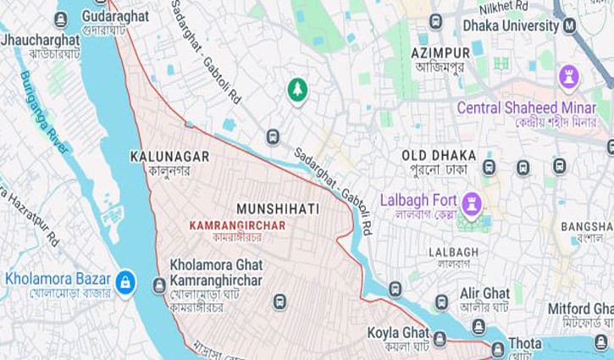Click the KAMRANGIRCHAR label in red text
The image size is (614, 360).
(237, 225)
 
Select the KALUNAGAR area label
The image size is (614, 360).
(169, 157)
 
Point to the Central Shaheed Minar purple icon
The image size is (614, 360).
(569, 80)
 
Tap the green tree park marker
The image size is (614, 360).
(296, 89)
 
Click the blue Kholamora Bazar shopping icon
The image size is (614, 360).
(125, 282)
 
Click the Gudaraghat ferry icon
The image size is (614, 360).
(60, 19)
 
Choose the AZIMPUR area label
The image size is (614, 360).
(440, 53)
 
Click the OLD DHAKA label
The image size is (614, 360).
(438, 156)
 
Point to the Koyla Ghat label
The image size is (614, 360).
(397, 332)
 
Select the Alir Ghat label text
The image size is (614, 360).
(484, 292)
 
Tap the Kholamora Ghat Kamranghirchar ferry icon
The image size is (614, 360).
(159, 285)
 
